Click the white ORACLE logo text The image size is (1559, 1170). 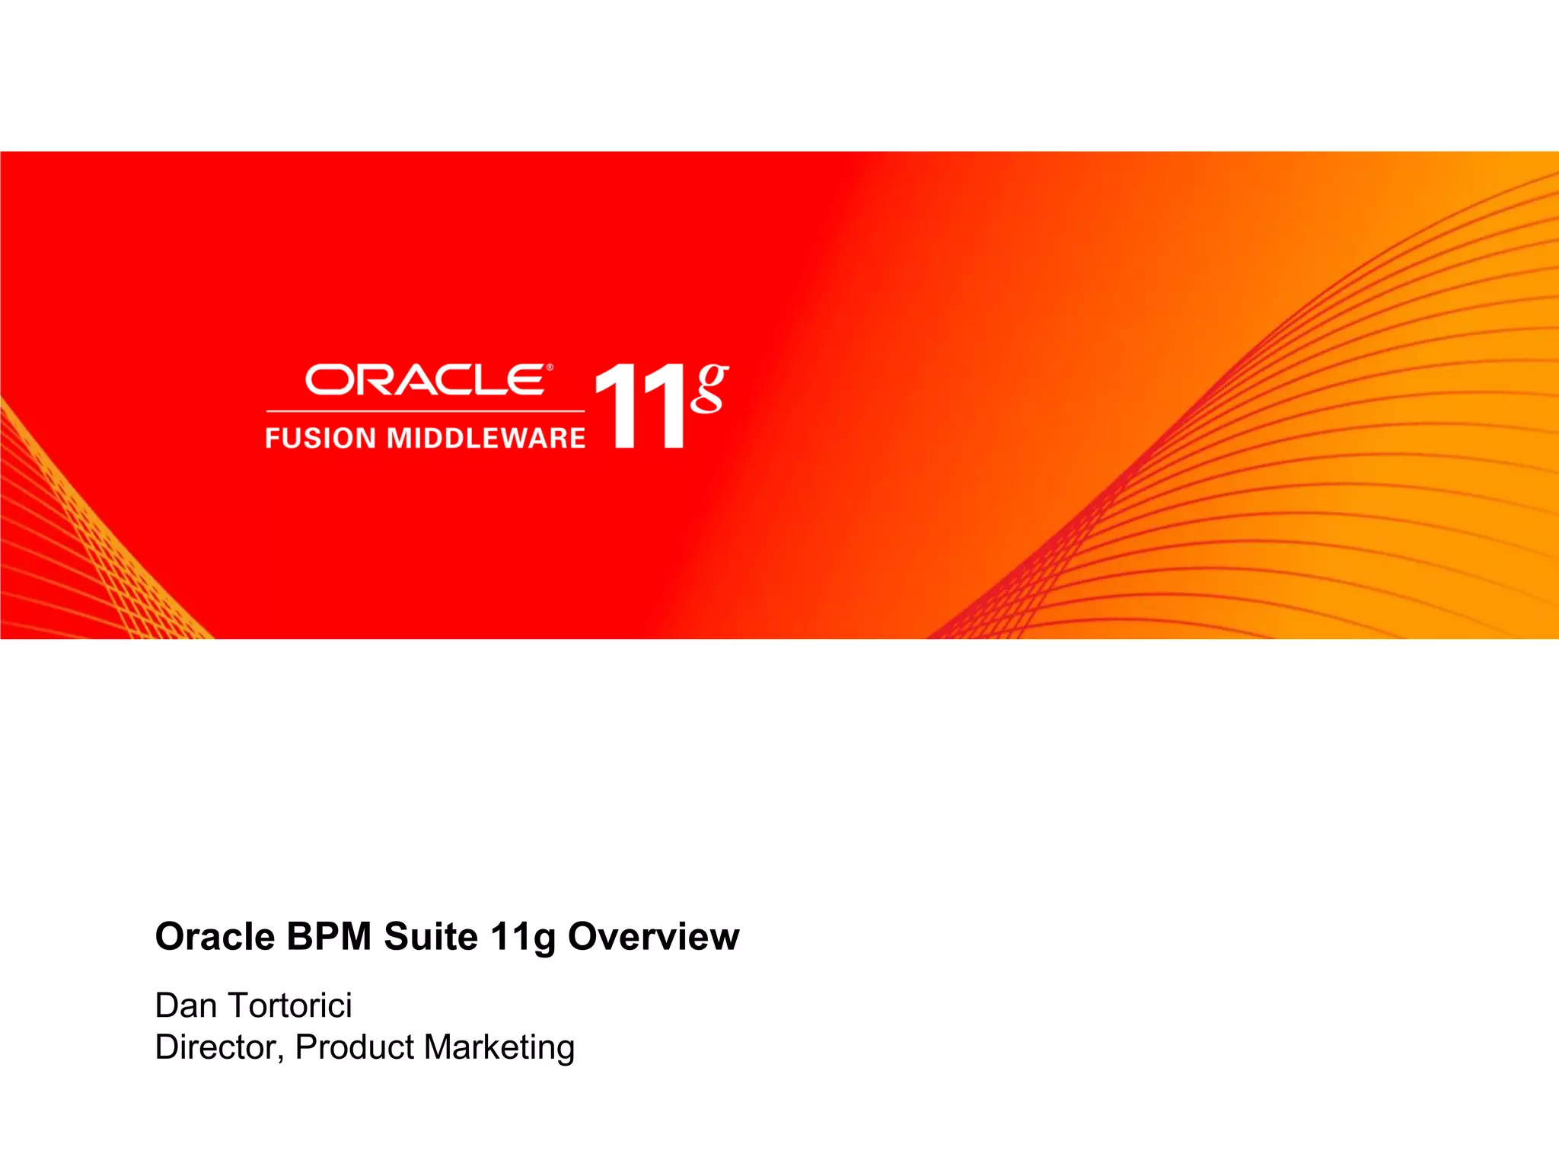tap(424, 380)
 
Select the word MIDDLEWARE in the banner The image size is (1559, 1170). tap(486, 438)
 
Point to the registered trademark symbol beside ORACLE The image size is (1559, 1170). tap(550, 368)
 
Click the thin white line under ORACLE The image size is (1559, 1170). tap(425, 411)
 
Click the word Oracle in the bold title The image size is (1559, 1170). tap(215, 936)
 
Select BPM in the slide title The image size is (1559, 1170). tap(329, 936)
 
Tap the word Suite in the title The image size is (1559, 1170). tap(430, 936)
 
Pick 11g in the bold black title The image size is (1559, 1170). tap(523, 938)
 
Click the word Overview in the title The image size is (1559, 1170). tap(654, 936)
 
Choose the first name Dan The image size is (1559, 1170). tap(186, 1005)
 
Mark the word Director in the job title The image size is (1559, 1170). tap(215, 1047)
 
